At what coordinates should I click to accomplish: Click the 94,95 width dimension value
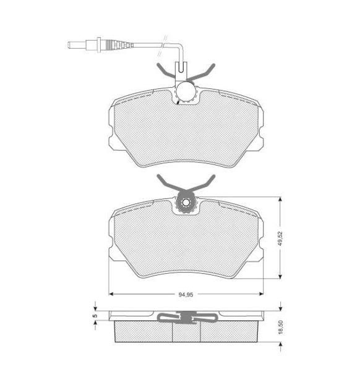pyautogui.click(x=186, y=295)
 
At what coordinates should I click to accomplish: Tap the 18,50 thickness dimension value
pyautogui.click(x=281, y=327)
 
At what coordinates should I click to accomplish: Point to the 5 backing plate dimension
pyautogui.click(x=96, y=316)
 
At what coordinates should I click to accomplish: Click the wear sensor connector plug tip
pyautogui.click(x=69, y=45)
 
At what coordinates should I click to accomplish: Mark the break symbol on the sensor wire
pyautogui.click(x=163, y=46)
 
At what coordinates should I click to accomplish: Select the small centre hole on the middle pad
pyautogui.click(x=186, y=203)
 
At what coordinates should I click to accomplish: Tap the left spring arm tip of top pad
pyautogui.click(x=158, y=65)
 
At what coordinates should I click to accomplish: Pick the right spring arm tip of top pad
pyautogui.click(x=213, y=65)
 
